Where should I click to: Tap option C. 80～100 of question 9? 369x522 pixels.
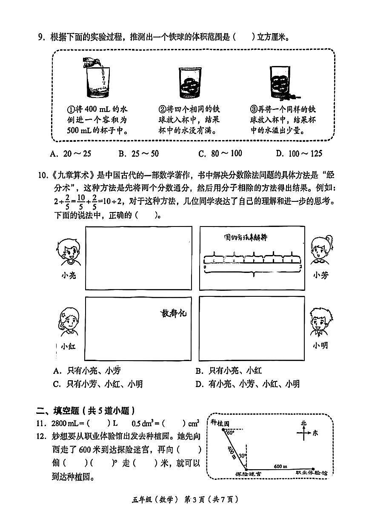tap(220, 154)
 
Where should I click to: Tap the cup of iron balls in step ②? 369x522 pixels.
tap(190, 81)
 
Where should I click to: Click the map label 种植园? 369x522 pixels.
tap(220, 423)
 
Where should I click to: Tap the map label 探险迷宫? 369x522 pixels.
tap(249, 473)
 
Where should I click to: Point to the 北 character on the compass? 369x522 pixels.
tap(303, 423)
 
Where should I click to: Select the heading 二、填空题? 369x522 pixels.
tap(85, 411)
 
